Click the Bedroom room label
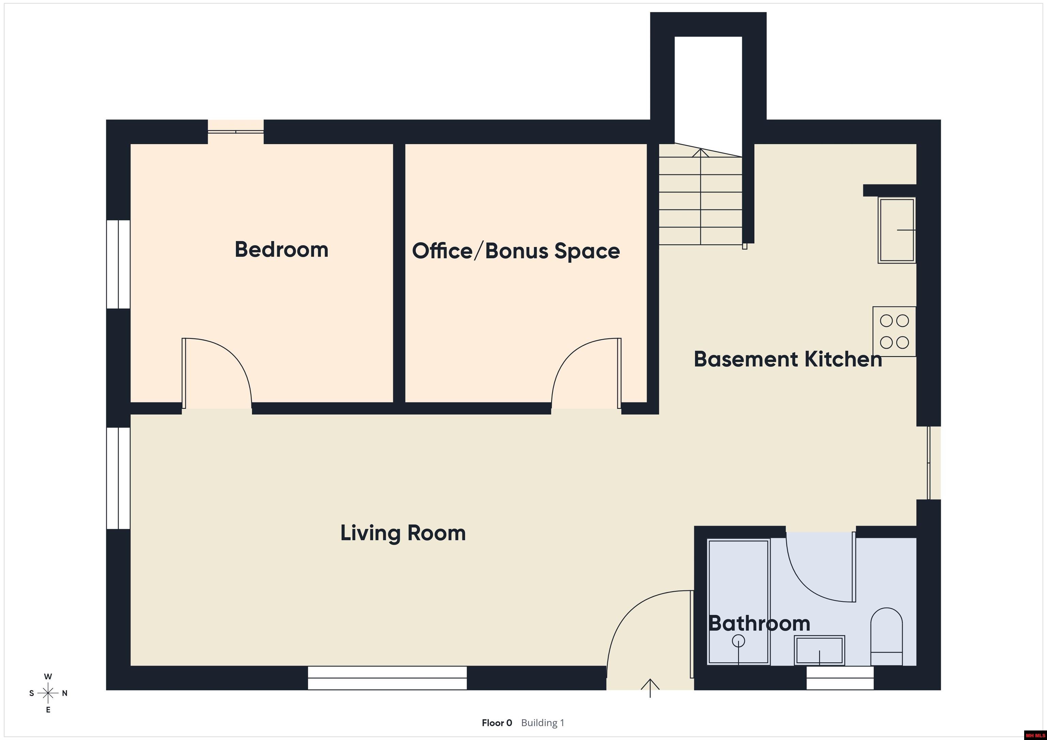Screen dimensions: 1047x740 [282, 250]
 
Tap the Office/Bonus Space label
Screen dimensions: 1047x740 [516, 251]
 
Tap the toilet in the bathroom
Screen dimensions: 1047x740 [886, 636]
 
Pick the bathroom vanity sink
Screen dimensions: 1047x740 [819, 650]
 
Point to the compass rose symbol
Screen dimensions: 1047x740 [48, 693]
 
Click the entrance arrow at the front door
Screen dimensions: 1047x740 [650, 688]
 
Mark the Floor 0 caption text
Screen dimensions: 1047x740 [497, 723]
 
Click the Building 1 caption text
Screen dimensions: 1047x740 [543, 723]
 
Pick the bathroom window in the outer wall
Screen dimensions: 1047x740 [840, 678]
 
